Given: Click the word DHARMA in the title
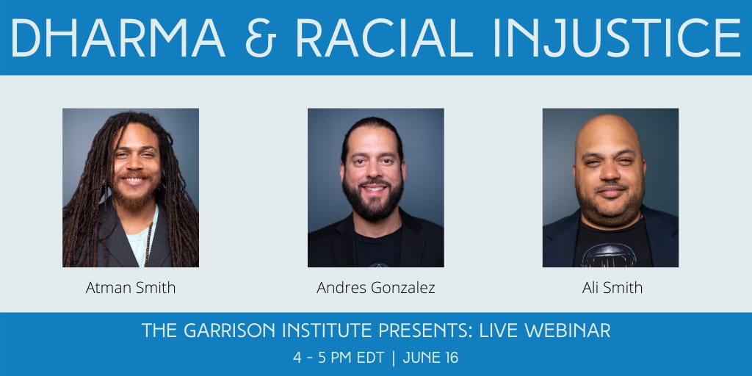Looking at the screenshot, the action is (x=118, y=38).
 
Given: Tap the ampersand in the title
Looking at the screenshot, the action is (x=261, y=38).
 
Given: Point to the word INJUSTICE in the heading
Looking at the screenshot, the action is (x=618, y=38).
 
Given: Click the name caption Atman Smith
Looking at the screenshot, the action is (x=131, y=288).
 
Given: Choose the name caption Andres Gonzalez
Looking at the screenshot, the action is (x=376, y=288).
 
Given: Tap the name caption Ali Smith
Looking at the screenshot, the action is (x=612, y=288).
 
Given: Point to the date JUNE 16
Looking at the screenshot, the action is (x=430, y=358).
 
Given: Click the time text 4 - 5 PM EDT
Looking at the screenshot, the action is (x=338, y=358).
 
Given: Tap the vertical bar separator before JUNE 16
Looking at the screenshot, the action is (x=394, y=358).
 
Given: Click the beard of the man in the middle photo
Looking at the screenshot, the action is (x=373, y=200).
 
